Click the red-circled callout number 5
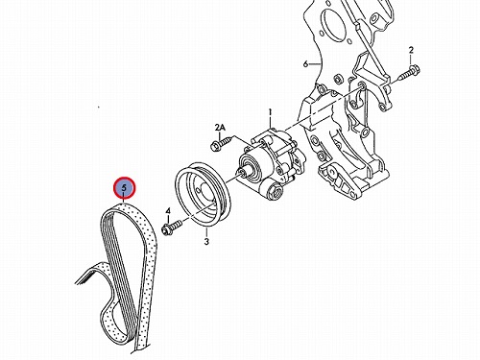[124, 188]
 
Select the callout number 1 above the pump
[270, 112]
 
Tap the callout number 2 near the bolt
[411, 50]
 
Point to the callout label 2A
[220, 128]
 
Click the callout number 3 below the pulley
[206, 241]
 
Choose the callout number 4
[168, 211]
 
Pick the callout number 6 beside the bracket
[305, 64]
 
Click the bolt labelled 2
[410, 72]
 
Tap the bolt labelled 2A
[221, 143]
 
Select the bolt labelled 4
[171, 227]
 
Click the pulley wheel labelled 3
[203, 195]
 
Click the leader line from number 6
[315, 64]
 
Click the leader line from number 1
[270, 123]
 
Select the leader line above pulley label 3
[206, 232]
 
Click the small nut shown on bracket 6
[337, 79]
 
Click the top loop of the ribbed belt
[125, 208]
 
